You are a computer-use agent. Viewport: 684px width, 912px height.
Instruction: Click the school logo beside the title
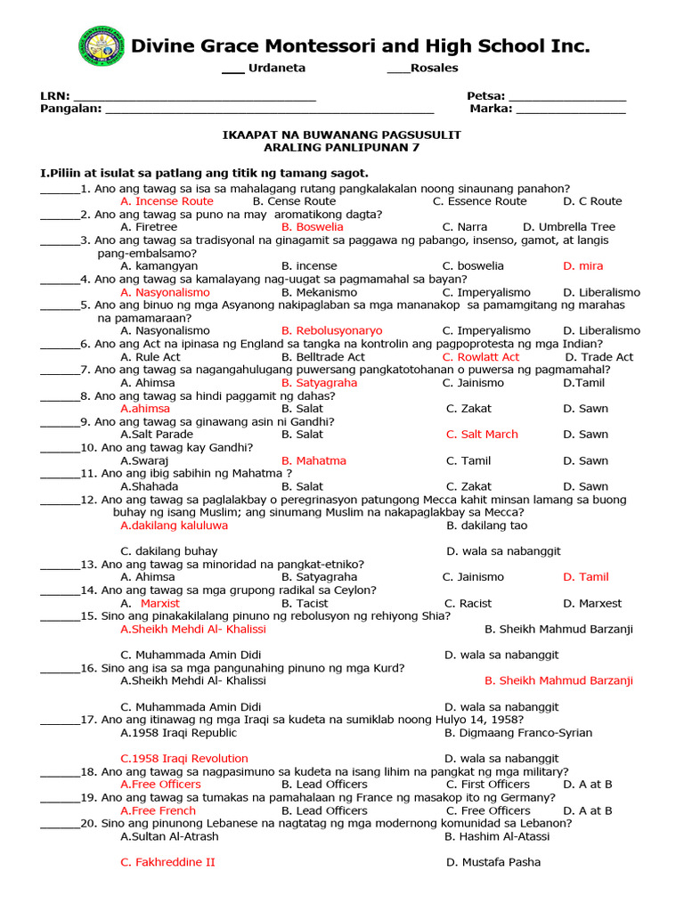[102, 46]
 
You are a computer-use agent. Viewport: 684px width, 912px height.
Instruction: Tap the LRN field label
[54, 96]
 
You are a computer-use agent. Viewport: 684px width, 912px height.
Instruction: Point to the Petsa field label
[485, 96]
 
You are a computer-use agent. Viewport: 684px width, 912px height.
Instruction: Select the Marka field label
[491, 109]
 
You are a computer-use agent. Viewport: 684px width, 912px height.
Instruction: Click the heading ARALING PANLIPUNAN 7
[341, 147]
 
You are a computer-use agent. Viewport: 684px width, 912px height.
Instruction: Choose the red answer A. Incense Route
[167, 201]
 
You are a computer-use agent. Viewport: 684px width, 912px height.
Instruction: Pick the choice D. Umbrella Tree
[569, 227]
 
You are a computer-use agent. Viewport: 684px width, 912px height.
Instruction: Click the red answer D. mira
[582, 265]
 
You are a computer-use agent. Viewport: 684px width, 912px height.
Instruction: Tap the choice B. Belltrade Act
[323, 356]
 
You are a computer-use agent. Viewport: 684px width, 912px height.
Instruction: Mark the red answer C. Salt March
[482, 434]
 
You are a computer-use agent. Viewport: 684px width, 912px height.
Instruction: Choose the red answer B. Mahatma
[313, 460]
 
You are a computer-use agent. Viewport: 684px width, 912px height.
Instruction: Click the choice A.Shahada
[149, 486]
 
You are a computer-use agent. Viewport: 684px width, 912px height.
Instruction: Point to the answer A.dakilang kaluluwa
[174, 525]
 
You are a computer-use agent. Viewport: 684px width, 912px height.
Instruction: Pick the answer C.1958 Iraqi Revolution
[184, 758]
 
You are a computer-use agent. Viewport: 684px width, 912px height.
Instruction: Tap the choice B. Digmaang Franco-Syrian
[518, 733]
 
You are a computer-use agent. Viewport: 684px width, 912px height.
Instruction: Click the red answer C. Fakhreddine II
[167, 862]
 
